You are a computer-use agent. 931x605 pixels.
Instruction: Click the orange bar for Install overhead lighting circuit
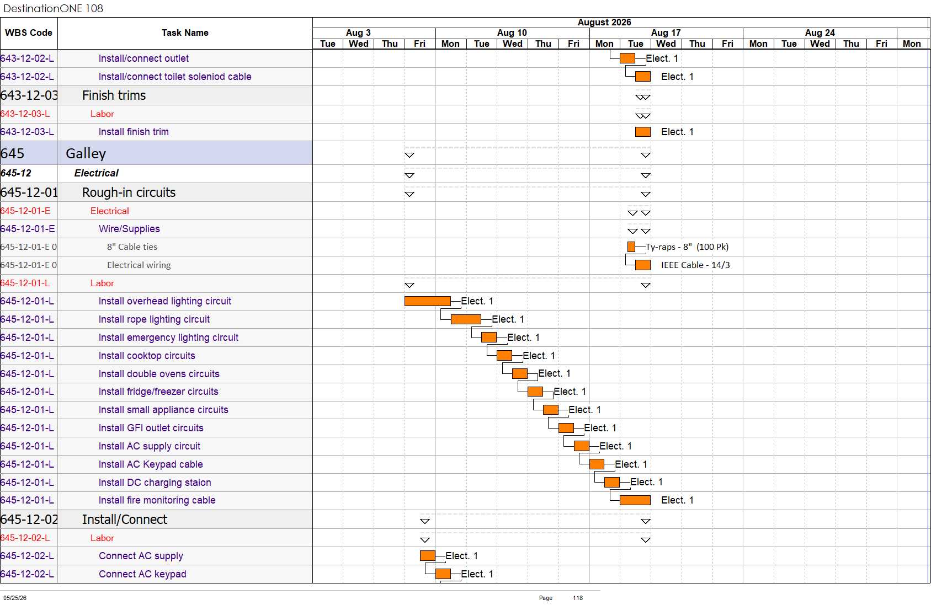tap(427, 301)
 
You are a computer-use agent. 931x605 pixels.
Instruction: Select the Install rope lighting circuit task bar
tap(466, 319)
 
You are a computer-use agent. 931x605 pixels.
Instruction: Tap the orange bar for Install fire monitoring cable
tap(635, 500)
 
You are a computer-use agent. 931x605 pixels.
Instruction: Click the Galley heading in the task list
tap(86, 153)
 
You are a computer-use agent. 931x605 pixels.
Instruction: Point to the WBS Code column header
tap(29, 33)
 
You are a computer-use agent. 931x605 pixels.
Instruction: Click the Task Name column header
tap(185, 33)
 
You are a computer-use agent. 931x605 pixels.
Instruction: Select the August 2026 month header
tap(604, 23)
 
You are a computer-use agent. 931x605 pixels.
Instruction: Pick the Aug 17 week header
tap(666, 33)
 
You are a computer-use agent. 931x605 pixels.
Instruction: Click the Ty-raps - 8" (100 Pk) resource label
tap(687, 247)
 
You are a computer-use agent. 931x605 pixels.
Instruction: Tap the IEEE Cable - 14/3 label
tap(695, 265)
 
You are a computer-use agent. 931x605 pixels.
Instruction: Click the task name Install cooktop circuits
tap(147, 355)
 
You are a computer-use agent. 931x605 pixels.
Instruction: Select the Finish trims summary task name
tap(114, 95)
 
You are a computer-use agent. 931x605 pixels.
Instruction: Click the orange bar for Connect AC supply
tap(428, 555)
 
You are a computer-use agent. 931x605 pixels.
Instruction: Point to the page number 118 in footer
tap(578, 598)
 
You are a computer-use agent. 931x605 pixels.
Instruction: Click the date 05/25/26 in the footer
tap(15, 598)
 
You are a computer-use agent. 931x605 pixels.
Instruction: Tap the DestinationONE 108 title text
tap(53, 8)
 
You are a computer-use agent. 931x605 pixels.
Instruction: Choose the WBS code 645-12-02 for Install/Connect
tap(29, 520)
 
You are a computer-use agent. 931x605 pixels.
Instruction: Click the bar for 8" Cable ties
tap(631, 247)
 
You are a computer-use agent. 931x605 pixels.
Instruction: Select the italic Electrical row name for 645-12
tap(97, 173)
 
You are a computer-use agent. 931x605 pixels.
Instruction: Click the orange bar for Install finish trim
tap(643, 132)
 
